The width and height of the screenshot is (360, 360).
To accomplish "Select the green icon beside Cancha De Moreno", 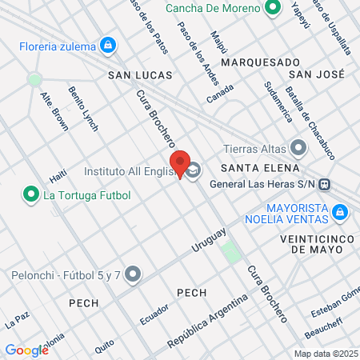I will (x=273, y=9).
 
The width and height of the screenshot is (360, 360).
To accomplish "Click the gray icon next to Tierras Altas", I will (x=298, y=147).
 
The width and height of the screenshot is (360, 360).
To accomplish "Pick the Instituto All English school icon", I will (x=194, y=170).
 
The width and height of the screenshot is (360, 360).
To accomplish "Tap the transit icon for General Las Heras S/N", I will (x=324, y=184).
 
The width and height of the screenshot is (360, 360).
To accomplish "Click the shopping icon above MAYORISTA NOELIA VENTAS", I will (x=340, y=211).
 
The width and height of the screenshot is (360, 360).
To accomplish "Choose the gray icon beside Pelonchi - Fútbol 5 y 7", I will (x=134, y=274).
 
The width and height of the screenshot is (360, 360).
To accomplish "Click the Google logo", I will (x=26, y=350).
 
